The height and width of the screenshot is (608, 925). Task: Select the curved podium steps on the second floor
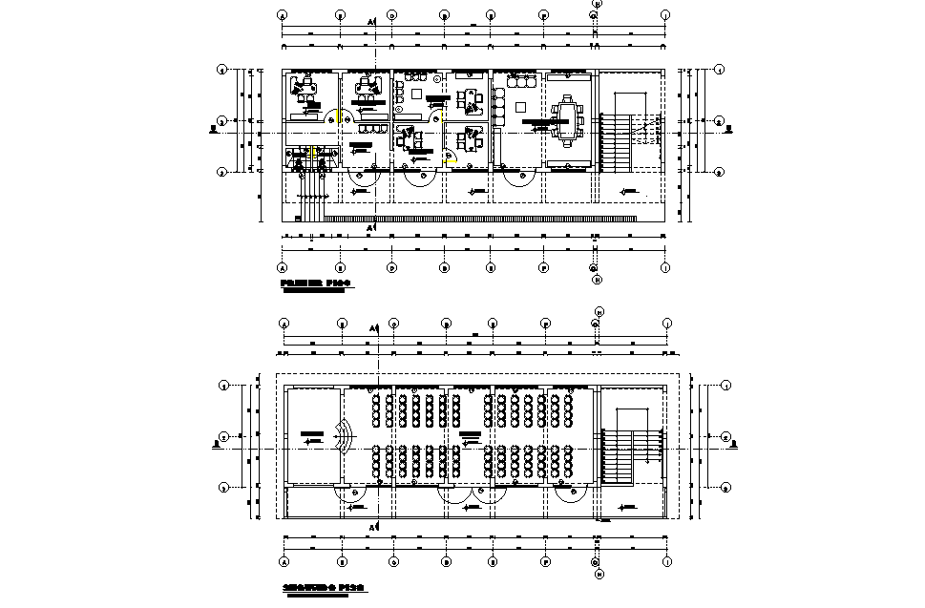[345, 440]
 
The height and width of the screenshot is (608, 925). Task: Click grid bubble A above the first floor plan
[283, 15]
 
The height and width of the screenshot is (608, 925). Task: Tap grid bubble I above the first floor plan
[665, 15]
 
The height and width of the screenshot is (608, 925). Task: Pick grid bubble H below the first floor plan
[596, 280]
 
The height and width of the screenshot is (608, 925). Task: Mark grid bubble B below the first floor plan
[341, 268]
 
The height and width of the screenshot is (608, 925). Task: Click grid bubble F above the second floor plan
[546, 323]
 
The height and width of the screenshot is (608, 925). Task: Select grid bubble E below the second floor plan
[492, 562]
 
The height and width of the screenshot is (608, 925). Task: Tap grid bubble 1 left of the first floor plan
[221, 70]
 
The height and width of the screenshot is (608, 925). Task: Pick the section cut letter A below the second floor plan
[371, 527]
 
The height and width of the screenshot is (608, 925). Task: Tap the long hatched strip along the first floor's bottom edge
[477, 220]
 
